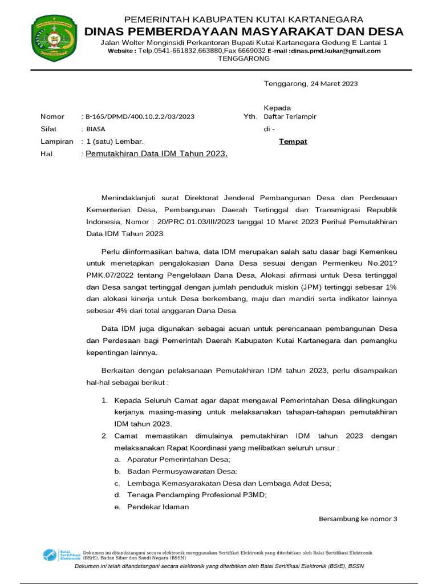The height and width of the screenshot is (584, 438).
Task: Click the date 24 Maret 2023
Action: pyautogui.click(x=334, y=84)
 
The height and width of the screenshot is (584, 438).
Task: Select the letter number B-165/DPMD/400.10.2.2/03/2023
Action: pyautogui.click(x=140, y=116)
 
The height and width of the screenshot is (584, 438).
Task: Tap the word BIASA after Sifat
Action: pyautogui.click(x=95, y=129)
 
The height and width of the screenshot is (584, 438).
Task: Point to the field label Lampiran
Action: pyautogui.click(x=56, y=141)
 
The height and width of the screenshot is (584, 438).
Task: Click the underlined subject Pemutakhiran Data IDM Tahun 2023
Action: pyautogui.click(x=157, y=153)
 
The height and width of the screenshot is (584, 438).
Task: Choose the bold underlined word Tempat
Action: pyautogui.click(x=293, y=141)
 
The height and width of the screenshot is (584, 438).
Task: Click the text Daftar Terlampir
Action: pyautogui.click(x=290, y=116)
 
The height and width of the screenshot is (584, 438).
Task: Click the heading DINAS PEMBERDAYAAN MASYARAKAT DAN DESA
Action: pyautogui.click(x=244, y=31)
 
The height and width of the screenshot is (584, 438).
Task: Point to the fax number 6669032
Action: pyautogui.click(x=252, y=51)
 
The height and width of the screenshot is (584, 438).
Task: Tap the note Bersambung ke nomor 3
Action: pyautogui.click(x=358, y=518)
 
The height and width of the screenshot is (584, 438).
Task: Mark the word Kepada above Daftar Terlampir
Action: pyautogui.click(x=277, y=108)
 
